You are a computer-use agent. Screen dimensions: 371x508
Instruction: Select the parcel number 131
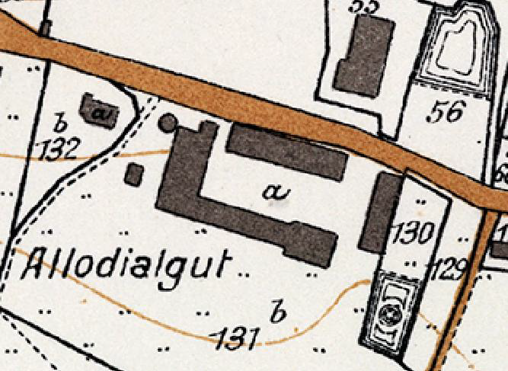238,337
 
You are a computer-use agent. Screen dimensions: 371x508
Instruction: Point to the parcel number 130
411,232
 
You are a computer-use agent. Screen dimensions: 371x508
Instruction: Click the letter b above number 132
60,122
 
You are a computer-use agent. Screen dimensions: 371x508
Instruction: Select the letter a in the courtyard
272,192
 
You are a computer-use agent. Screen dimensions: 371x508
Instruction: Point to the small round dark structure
168,122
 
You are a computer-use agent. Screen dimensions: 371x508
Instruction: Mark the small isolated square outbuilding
134,174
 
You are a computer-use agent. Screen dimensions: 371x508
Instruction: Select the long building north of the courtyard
288,151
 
